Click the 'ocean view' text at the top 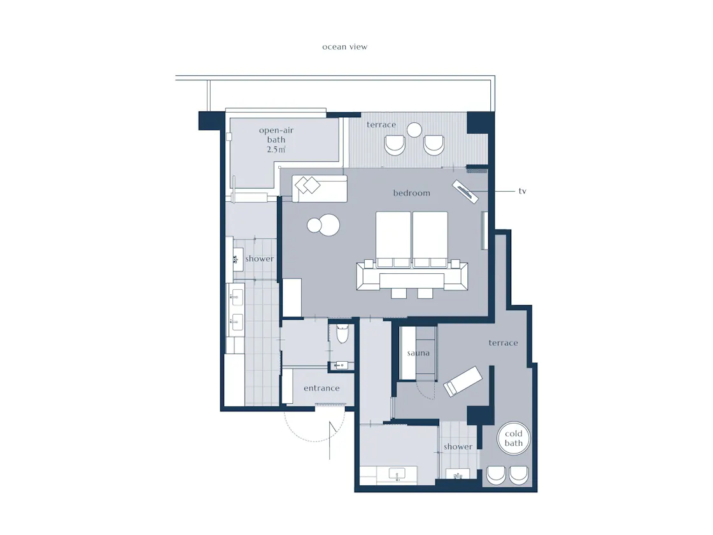[x=344, y=47]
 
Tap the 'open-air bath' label [x=276, y=134]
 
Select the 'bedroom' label [x=411, y=193]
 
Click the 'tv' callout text [x=523, y=191]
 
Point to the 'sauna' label [x=418, y=353]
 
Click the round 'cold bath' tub [x=514, y=438]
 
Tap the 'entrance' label [x=321, y=388]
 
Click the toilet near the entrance [x=342, y=333]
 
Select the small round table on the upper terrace [x=414, y=130]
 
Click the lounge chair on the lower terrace [x=462, y=382]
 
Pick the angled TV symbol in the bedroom [x=465, y=192]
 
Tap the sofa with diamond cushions [x=320, y=189]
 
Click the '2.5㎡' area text [x=276, y=149]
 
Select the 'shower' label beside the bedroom [x=260, y=259]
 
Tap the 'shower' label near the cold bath [x=458, y=446]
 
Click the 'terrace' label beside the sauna [x=504, y=343]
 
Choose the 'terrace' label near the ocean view [x=381, y=125]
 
